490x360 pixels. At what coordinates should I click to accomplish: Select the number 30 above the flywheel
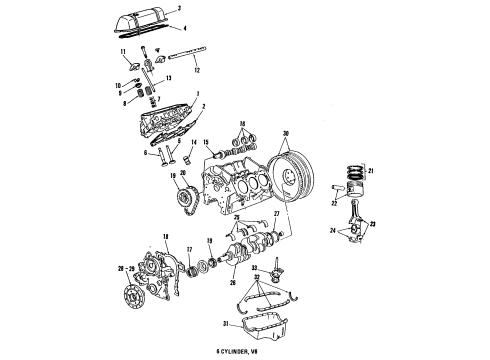tap(285, 134)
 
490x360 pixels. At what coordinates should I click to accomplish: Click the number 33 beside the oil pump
tap(255, 267)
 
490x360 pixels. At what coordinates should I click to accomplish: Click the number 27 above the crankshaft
tap(277, 214)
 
